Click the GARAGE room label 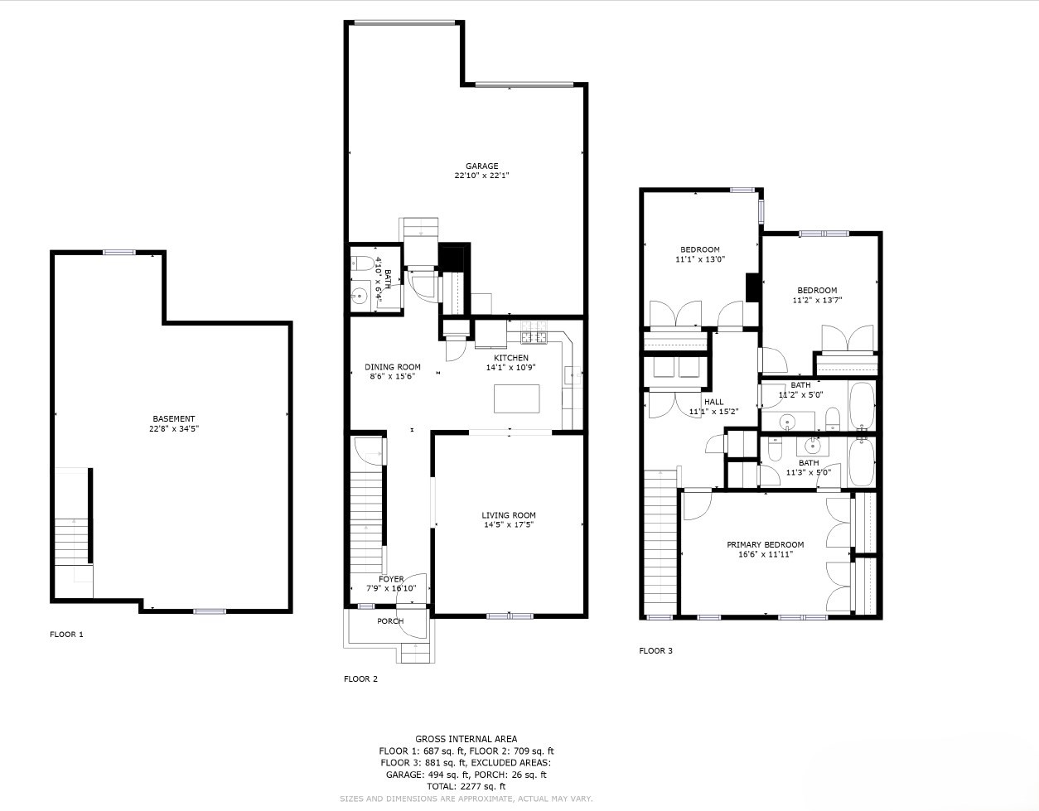[481, 166]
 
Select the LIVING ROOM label [509, 515]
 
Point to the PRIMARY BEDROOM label [765, 544]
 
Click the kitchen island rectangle [517, 398]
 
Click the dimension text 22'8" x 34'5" [174, 429]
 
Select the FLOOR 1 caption [66, 635]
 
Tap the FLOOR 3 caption [655, 650]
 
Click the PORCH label [390, 621]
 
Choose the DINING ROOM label [393, 367]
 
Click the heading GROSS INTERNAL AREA [466, 739]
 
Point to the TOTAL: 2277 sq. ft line [466, 786]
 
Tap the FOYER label [391, 579]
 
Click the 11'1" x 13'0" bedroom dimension [699, 260]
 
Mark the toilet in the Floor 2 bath [362, 265]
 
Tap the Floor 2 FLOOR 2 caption [360, 678]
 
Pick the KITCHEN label [511, 358]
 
